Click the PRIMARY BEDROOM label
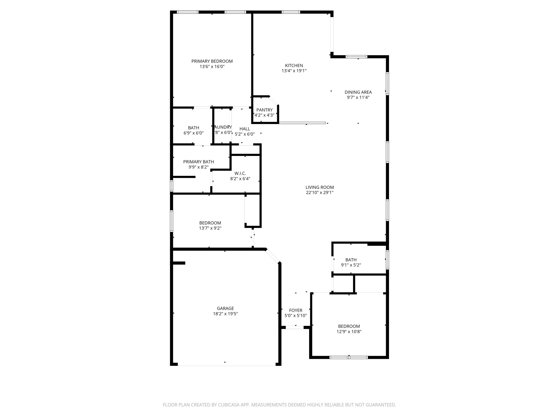click(x=212, y=61)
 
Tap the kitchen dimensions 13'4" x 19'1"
click(x=294, y=71)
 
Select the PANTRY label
click(x=264, y=110)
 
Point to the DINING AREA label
click(x=358, y=92)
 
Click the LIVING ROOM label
click(x=319, y=187)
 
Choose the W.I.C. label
click(x=240, y=173)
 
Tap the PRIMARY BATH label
click(x=198, y=162)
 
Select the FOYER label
click(x=295, y=310)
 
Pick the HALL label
click(x=245, y=129)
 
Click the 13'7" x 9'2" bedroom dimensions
click(x=210, y=228)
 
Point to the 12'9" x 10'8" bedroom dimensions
click(x=349, y=332)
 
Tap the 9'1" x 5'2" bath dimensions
click(x=351, y=265)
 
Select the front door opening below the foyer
click(x=294, y=327)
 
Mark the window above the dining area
click(x=356, y=57)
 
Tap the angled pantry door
click(x=274, y=101)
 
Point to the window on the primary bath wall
click(x=172, y=186)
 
